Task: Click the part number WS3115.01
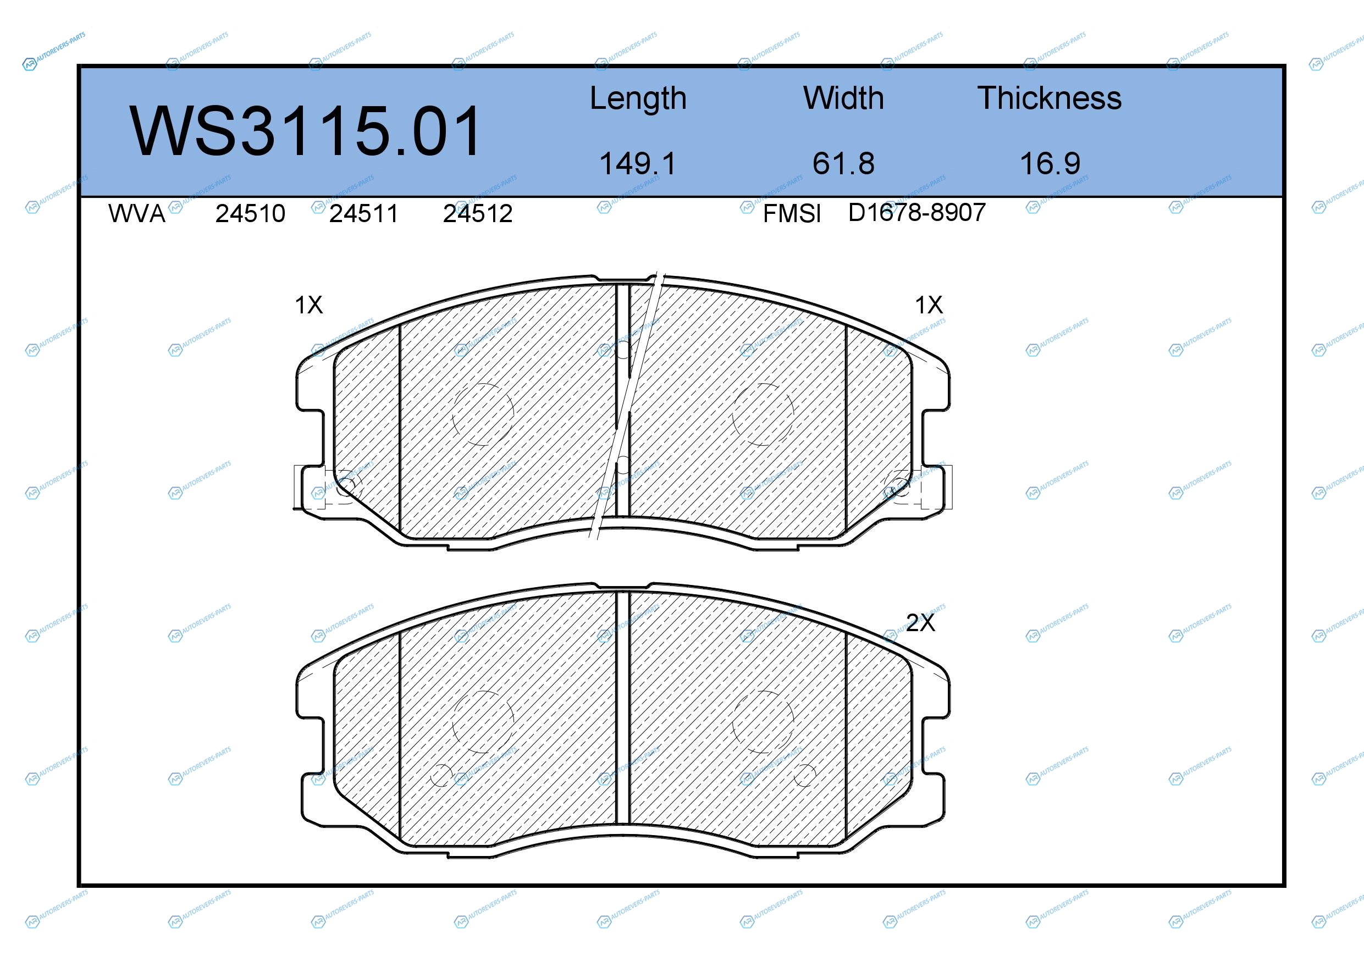pos(305,131)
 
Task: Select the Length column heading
pos(638,98)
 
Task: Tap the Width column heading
pos(843,98)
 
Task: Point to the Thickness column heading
pos(1050,98)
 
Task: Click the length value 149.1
pos(638,163)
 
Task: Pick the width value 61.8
pos(843,163)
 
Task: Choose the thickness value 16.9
pos(1050,163)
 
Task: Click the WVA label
pos(137,213)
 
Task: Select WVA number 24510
pos(250,213)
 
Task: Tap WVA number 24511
pos(363,213)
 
